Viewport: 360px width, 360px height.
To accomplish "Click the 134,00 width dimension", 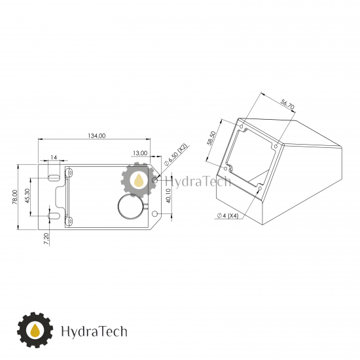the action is pyautogui.click(x=97, y=136).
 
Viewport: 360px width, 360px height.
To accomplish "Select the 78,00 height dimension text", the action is pyautogui.click(x=15, y=197).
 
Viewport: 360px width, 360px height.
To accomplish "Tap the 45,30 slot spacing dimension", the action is pyautogui.click(x=27, y=196).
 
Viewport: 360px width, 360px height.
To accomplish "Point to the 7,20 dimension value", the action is pyautogui.click(x=46, y=239).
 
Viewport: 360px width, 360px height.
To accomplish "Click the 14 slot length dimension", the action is pyautogui.click(x=54, y=157).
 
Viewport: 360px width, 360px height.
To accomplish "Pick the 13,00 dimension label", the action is pyautogui.click(x=140, y=153).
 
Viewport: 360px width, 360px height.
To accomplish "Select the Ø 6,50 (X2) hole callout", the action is pyautogui.click(x=176, y=154).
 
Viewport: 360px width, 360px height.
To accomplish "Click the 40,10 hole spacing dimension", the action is pyautogui.click(x=168, y=196).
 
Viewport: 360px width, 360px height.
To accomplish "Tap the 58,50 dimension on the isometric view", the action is pyautogui.click(x=211, y=138).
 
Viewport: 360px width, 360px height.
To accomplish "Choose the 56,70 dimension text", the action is pyautogui.click(x=287, y=105).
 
